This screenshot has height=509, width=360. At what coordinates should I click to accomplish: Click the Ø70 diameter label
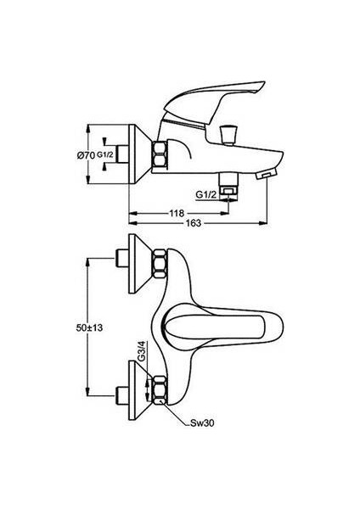tap(85, 154)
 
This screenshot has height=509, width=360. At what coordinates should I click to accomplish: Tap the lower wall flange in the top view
tap(138, 385)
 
